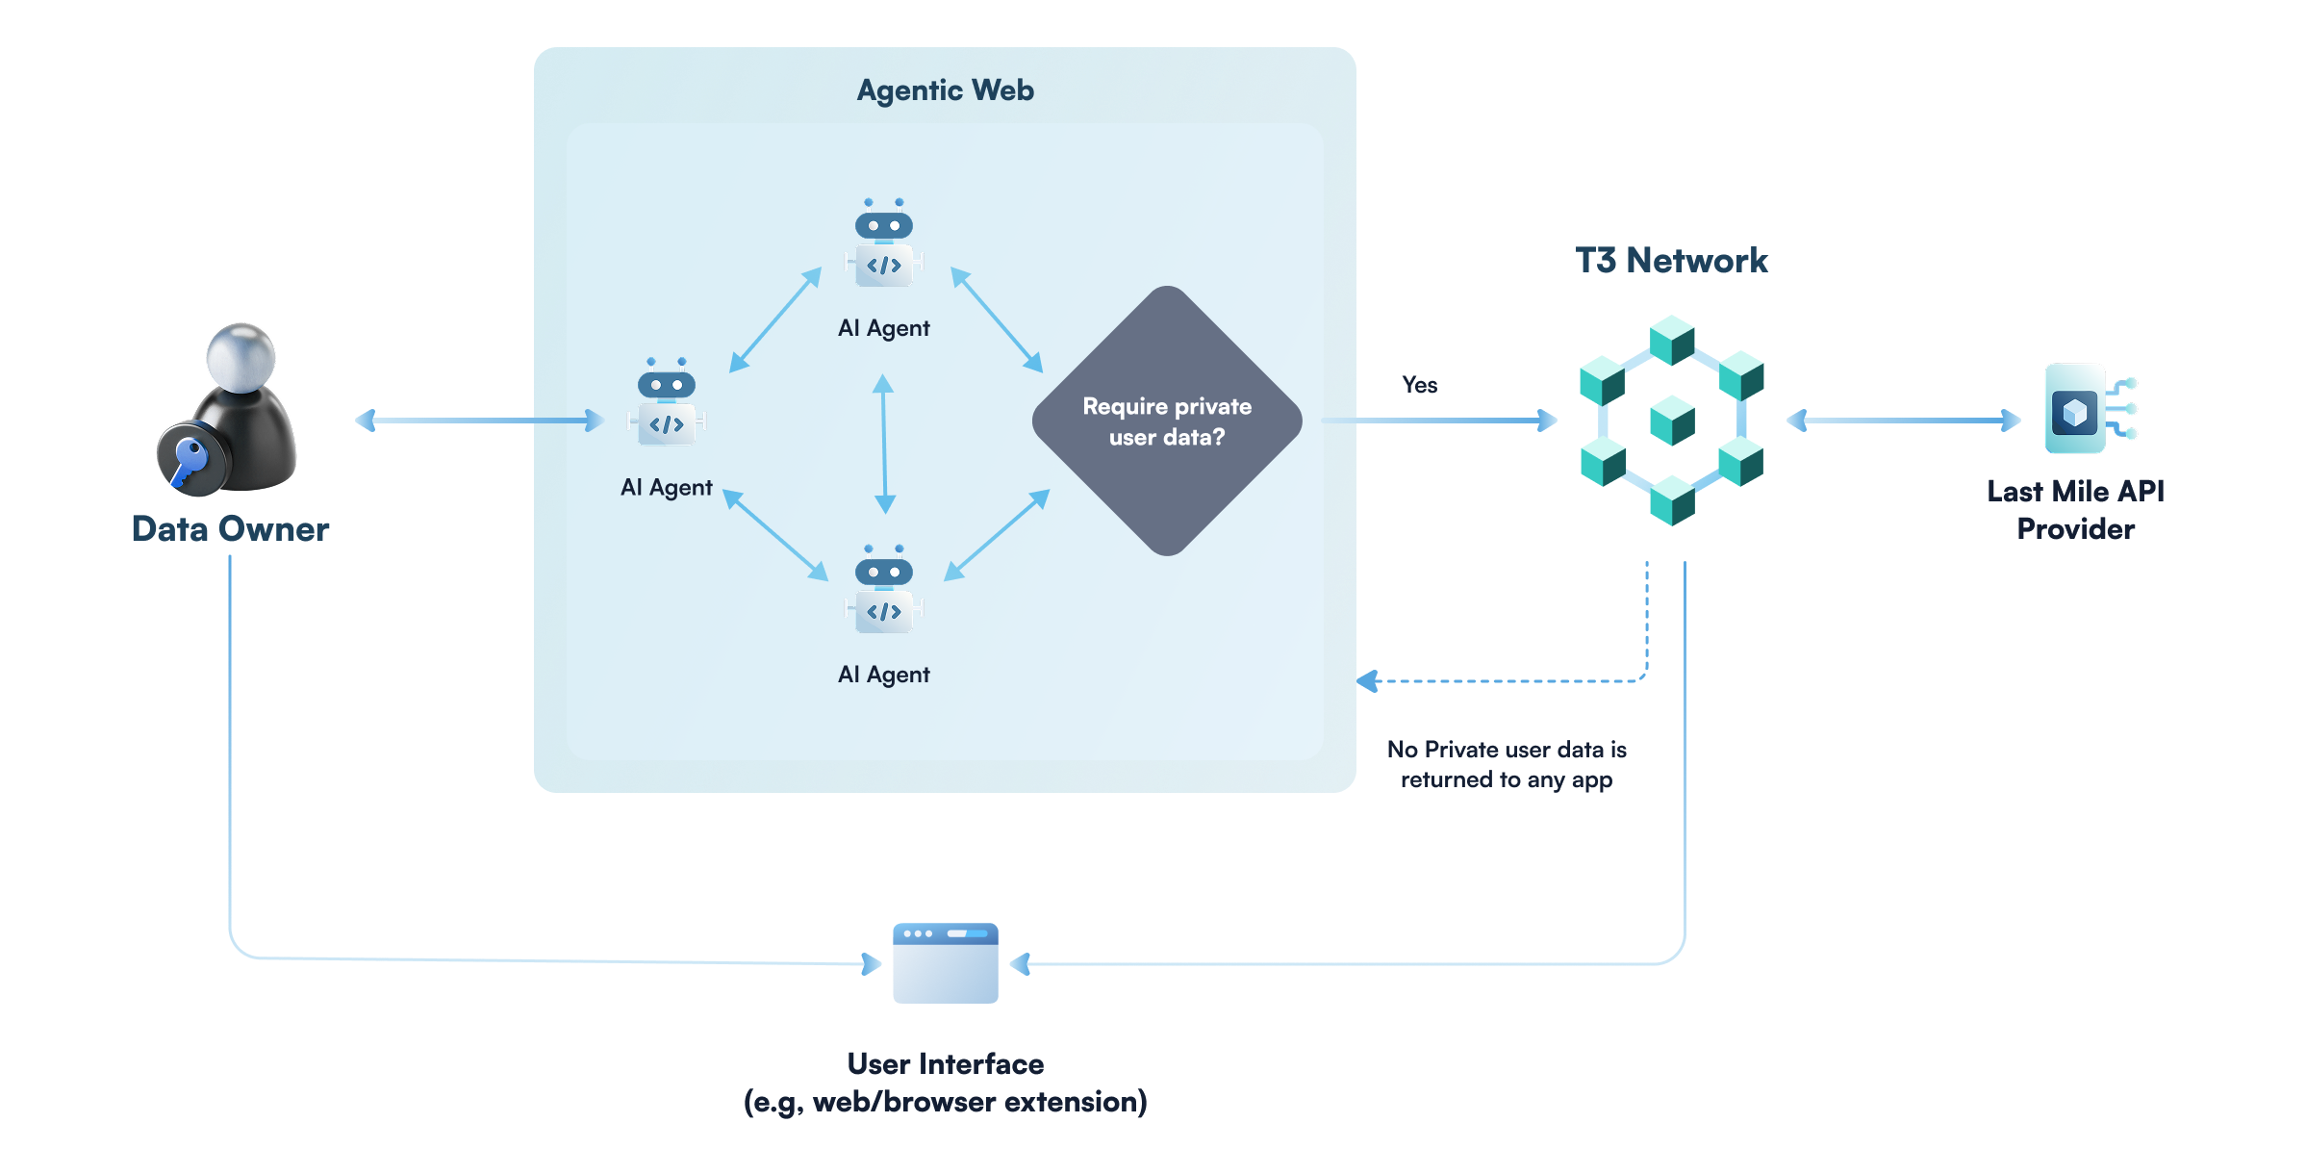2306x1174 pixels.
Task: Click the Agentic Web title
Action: (x=945, y=90)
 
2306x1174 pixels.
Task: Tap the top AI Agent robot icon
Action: (x=884, y=244)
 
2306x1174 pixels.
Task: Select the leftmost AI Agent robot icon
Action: (x=667, y=403)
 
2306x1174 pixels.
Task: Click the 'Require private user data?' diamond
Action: (x=1166, y=421)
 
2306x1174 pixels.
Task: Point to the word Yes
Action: (x=1419, y=385)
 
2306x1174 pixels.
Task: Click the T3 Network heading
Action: (x=1671, y=261)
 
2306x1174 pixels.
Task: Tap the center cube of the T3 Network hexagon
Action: (x=1672, y=421)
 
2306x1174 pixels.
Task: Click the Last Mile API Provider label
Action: (x=2075, y=510)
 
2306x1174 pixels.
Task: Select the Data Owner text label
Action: (x=230, y=529)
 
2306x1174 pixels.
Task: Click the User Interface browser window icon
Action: (x=945, y=963)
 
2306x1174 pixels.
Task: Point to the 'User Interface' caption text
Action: (x=945, y=1064)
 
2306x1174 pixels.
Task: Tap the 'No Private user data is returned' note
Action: (x=1507, y=764)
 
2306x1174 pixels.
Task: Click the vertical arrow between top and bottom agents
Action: (x=884, y=444)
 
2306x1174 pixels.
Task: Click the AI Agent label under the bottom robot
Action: (x=883, y=675)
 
